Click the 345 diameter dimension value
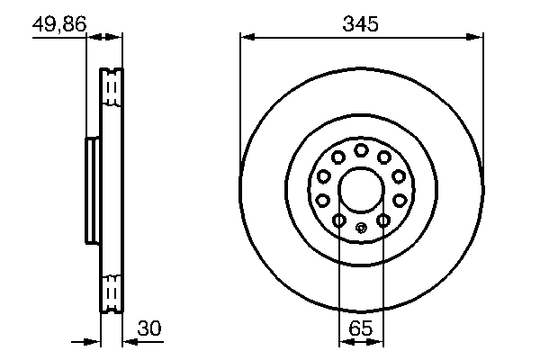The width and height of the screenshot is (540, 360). [x=360, y=24]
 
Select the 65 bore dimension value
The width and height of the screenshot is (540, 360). [x=360, y=329]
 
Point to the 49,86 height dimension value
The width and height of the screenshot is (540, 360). [x=58, y=24]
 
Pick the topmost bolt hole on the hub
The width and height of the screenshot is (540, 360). [x=361, y=149]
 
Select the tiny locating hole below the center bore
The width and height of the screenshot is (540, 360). [x=361, y=227]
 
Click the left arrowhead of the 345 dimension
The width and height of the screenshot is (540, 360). [x=246, y=37]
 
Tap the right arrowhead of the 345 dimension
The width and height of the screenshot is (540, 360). [x=476, y=37]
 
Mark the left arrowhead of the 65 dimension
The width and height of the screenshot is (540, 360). [x=344, y=342]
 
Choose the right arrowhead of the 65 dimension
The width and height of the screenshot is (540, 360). [x=378, y=342]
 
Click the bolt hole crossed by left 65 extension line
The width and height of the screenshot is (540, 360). [x=339, y=220]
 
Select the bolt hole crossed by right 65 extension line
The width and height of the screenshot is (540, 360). [x=382, y=220]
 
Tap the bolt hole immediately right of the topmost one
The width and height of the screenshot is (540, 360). [x=384, y=157]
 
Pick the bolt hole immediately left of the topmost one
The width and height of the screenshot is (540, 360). [x=337, y=157]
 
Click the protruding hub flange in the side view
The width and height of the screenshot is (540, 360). [x=92, y=189]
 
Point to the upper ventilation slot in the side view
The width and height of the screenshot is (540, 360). [x=112, y=87]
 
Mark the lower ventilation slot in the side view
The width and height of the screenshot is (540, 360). [x=112, y=292]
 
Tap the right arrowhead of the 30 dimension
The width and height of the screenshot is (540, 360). [x=127, y=342]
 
